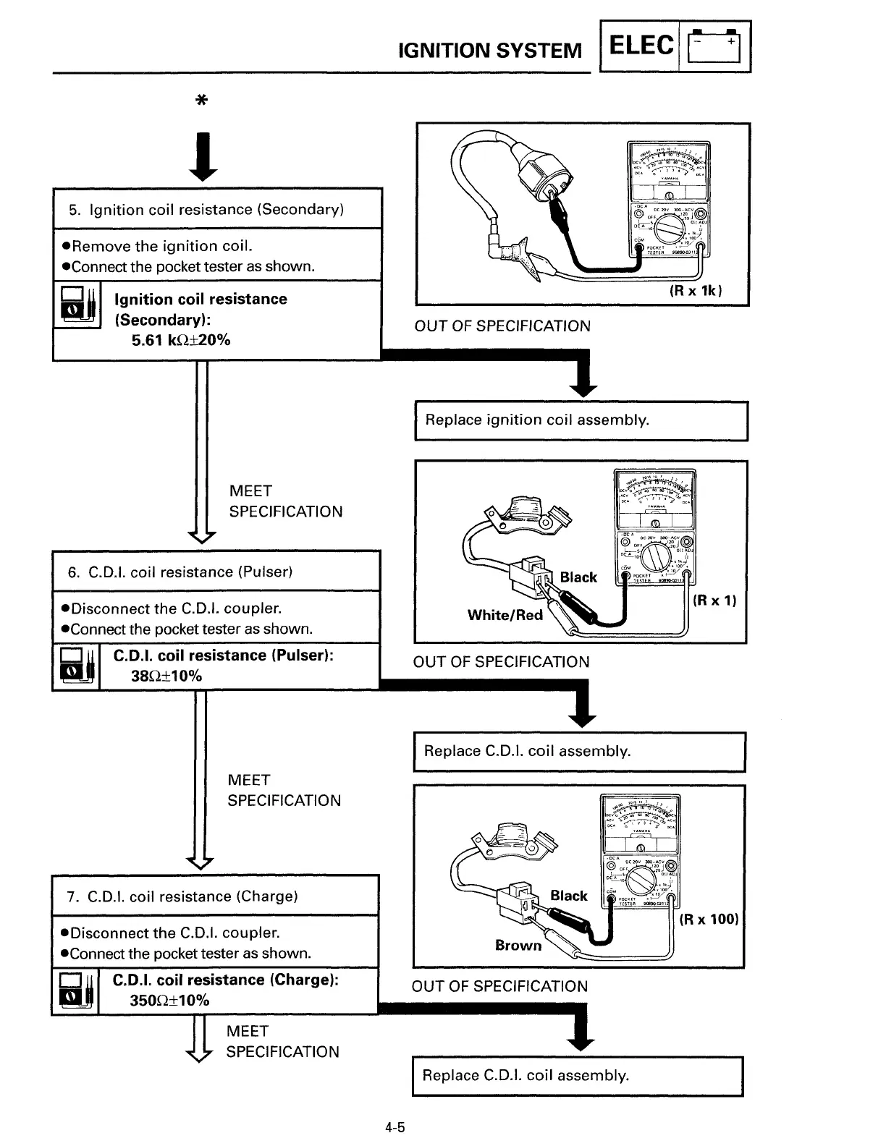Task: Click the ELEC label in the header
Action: pos(641,46)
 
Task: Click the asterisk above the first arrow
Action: pos(203,101)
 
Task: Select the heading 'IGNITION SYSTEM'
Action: pos(490,51)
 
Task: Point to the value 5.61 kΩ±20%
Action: pos(181,340)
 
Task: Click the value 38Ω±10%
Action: pos(166,676)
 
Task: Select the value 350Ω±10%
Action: pos(169,1001)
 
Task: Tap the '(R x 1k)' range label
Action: pos(696,291)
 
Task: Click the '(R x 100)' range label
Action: pos(709,919)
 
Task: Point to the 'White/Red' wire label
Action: pos(505,615)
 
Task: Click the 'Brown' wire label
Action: pos(518,945)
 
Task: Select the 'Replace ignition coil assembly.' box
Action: pos(581,420)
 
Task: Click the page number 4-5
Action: pos(395,1127)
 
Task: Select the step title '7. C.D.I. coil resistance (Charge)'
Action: pos(182,896)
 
